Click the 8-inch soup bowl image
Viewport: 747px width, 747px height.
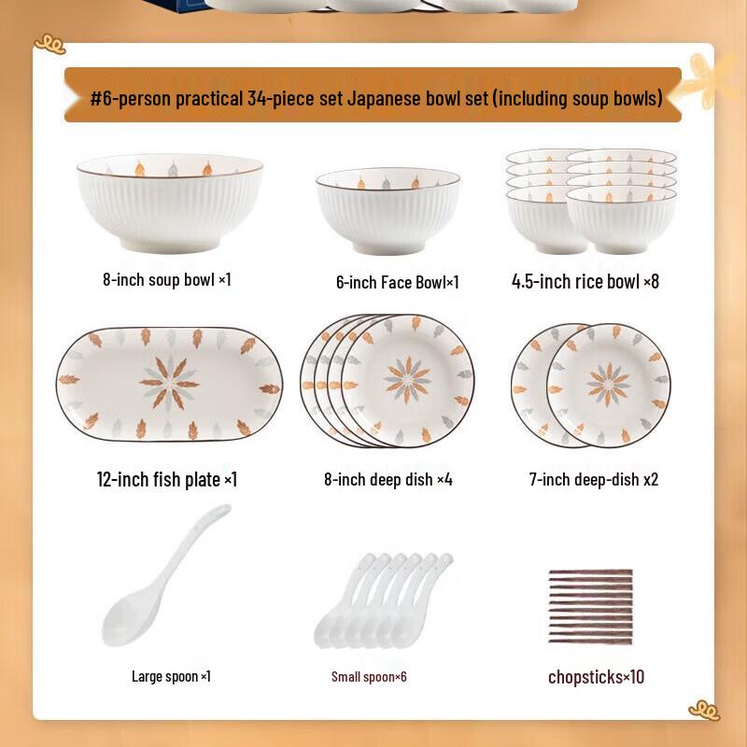(169, 204)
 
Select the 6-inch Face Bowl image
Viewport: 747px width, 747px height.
(388, 211)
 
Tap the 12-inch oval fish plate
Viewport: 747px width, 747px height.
(169, 385)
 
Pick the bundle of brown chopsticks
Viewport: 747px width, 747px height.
(589, 606)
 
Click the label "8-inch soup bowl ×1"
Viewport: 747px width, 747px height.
(167, 279)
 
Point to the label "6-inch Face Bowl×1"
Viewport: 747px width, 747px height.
(397, 282)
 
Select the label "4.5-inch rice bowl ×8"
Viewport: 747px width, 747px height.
(585, 281)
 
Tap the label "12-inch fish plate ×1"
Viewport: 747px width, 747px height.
(167, 479)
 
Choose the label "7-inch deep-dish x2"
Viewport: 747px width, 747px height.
(593, 479)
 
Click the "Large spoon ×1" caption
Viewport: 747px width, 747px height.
(171, 676)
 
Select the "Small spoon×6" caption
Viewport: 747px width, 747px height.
(369, 676)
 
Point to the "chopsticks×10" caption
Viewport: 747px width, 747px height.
(596, 677)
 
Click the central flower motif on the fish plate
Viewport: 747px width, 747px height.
(169, 383)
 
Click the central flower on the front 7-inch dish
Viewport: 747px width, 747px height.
(608, 385)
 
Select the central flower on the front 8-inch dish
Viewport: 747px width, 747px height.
(408, 380)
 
